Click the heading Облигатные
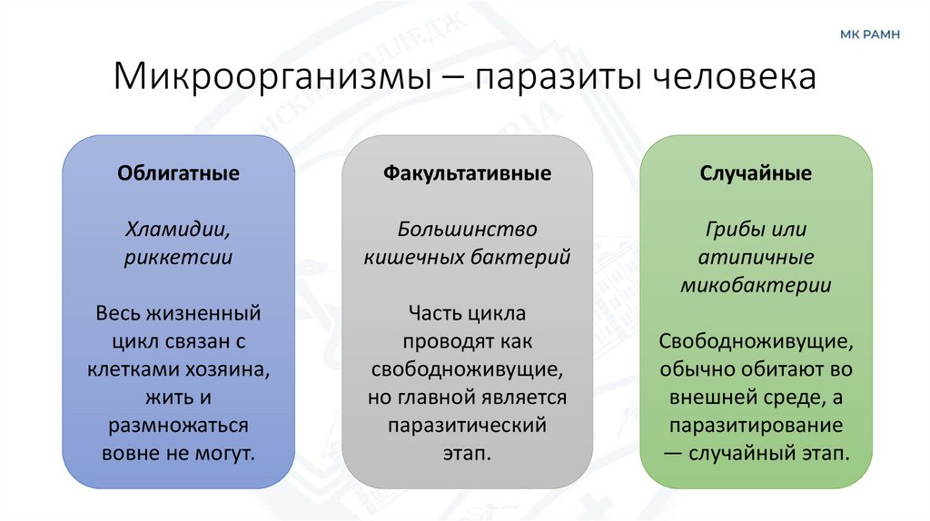(178, 173)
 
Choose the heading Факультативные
(467, 173)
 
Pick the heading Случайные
(756, 173)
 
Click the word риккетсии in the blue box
(179, 258)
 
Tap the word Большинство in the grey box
(467, 230)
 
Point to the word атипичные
(756, 258)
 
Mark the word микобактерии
(756, 286)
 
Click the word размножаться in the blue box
(178, 426)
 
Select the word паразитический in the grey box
(467, 426)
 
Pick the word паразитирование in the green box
(756, 426)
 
